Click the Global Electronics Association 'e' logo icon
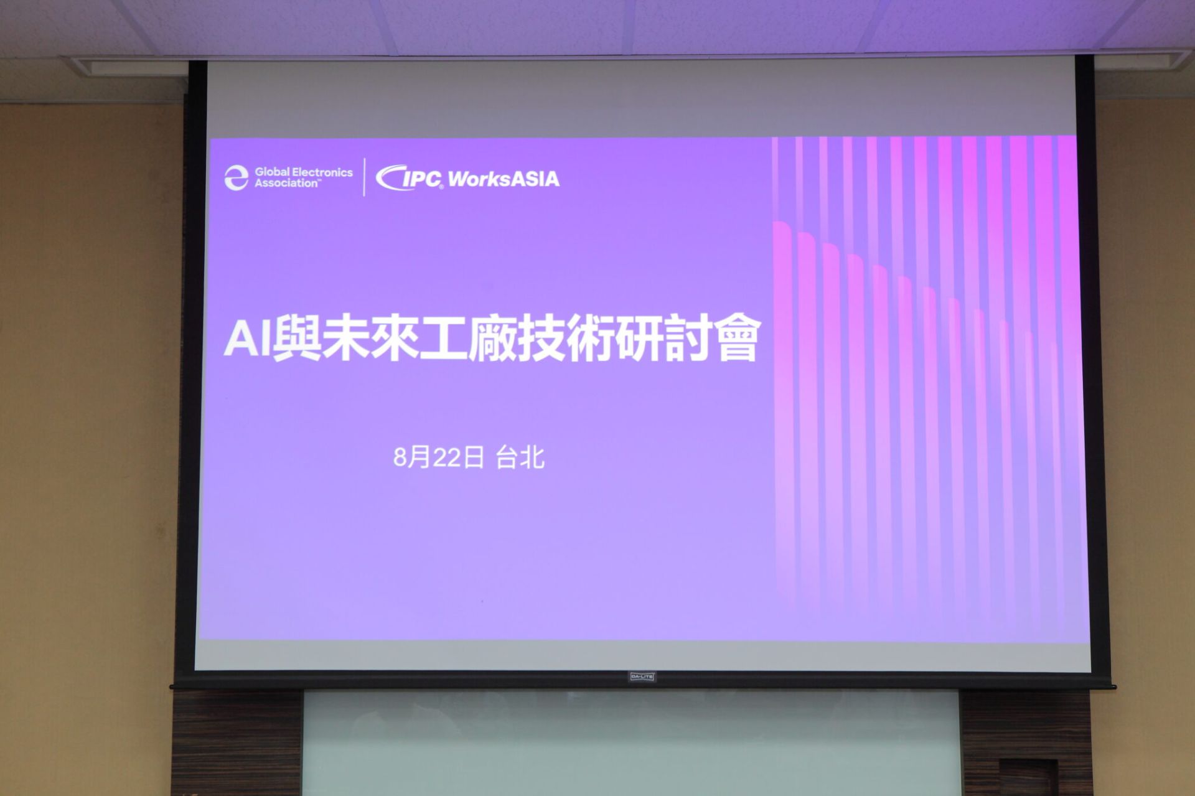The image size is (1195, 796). tap(236, 177)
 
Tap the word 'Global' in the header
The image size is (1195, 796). tap(272, 172)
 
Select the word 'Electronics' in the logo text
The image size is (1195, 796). tap(322, 172)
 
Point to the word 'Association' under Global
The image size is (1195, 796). tap(286, 184)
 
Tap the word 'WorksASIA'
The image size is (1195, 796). tap(504, 179)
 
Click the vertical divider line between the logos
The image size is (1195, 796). tap(364, 177)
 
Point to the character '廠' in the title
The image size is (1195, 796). tap(491, 339)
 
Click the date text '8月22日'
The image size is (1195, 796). tap(439, 457)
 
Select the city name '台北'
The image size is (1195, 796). tap(520, 457)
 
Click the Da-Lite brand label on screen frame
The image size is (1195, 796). tap(642, 676)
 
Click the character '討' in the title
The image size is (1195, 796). tap(688, 339)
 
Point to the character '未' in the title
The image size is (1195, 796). tap(345, 339)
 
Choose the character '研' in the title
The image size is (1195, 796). tap(639, 339)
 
